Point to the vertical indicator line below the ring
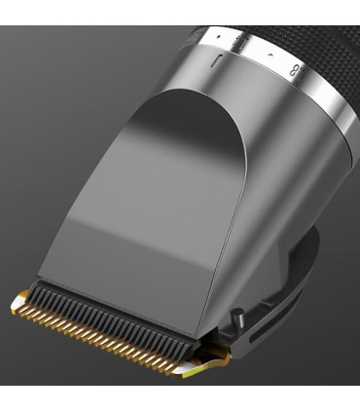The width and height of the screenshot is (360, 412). (x=222, y=60)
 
